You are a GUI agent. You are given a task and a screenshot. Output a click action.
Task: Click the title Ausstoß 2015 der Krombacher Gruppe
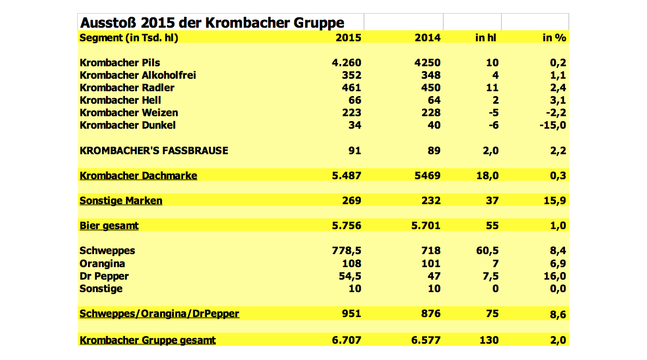click(x=212, y=23)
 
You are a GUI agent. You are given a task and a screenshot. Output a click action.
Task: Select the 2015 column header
click(x=348, y=38)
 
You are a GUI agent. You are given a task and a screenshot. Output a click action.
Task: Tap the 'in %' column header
click(x=554, y=38)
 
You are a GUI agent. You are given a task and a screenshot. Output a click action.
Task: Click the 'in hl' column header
click(x=486, y=38)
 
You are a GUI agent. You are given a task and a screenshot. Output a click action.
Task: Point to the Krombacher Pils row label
click(x=120, y=62)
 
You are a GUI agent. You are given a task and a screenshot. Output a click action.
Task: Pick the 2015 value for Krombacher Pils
click(x=347, y=62)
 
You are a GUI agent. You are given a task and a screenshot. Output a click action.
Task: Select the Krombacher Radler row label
click(x=127, y=88)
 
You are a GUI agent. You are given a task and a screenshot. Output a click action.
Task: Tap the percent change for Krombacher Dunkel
click(x=553, y=125)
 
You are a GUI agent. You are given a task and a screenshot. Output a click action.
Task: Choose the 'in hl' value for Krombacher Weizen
click(x=493, y=113)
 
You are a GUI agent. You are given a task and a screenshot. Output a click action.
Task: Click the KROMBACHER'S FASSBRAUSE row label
click(x=154, y=150)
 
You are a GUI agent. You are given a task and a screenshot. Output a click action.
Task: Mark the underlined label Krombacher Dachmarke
click(x=138, y=176)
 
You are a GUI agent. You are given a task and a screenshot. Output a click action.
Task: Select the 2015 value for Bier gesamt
click(x=347, y=225)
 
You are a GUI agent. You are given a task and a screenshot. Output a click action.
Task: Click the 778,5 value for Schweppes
click(x=347, y=251)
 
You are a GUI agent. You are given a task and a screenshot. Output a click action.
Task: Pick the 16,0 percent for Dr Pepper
click(x=555, y=276)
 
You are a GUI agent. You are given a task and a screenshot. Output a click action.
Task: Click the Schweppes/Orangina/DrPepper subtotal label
click(x=159, y=314)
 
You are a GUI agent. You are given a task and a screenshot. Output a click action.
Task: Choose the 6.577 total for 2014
click(x=426, y=340)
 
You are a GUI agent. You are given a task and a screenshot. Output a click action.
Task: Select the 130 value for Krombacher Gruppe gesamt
click(x=489, y=340)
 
